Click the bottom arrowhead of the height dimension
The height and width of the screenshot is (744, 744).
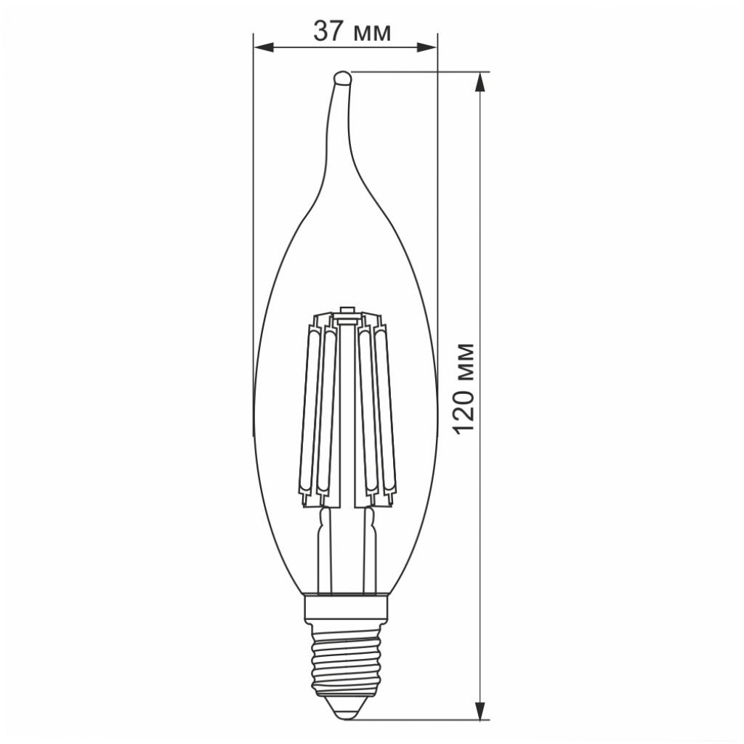[479, 710]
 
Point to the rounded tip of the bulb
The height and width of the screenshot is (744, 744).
[341, 77]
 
